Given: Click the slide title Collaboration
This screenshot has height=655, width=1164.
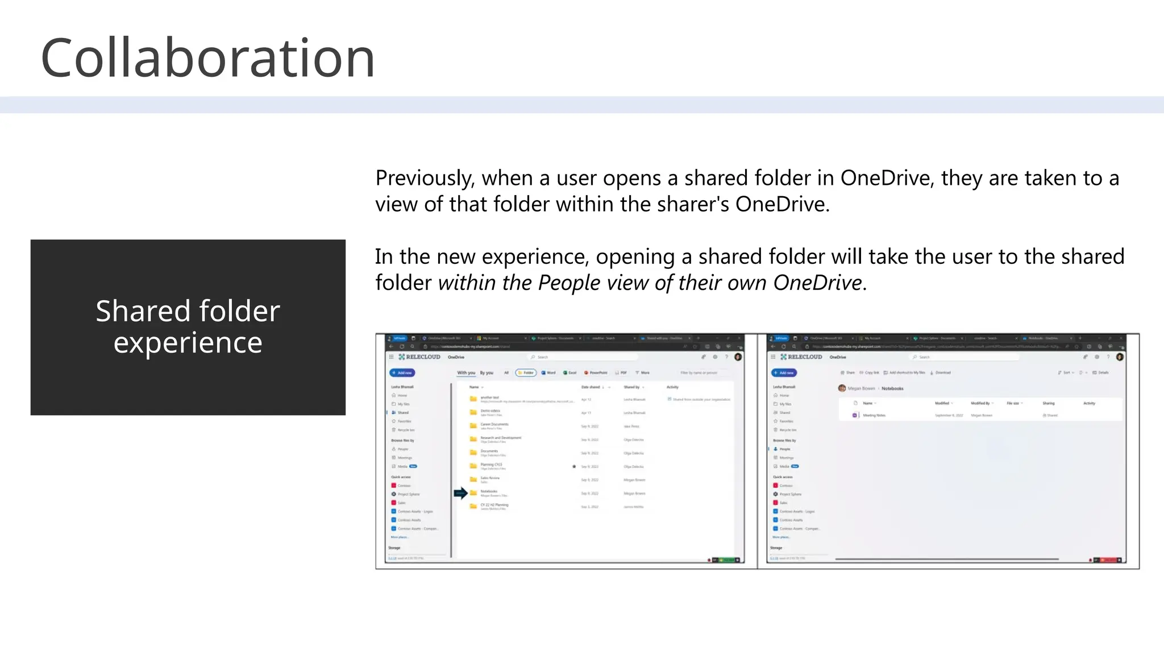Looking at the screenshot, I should click(x=208, y=58).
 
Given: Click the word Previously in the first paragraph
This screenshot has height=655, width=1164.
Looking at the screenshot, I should click(x=424, y=179).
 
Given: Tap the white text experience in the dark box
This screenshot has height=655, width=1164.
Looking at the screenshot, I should click(x=188, y=343).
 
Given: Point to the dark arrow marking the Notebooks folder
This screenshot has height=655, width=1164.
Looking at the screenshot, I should click(x=461, y=493).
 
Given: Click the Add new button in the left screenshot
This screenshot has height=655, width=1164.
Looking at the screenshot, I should click(x=402, y=373).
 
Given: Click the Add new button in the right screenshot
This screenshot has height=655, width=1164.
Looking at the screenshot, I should click(x=784, y=373).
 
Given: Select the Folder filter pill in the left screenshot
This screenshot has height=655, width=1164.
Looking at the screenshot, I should click(x=526, y=373).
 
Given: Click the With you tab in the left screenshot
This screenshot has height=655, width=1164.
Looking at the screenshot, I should click(x=466, y=373).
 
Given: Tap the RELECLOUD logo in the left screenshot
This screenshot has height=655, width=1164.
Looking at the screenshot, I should click(x=420, y=357).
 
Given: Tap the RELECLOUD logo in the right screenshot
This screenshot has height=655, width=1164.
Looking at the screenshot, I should click(x=802, y=357).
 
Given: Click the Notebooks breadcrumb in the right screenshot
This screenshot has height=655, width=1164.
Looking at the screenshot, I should click(x=892, y=388).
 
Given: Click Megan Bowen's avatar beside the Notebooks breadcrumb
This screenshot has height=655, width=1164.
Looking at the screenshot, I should click(x=842, y=388).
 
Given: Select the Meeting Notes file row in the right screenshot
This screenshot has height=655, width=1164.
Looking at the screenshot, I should click(x=874, y=416).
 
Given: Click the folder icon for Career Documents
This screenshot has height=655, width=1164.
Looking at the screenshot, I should click(x=473, y=425).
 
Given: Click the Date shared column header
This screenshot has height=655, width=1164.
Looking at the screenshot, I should click(x=591, y=387).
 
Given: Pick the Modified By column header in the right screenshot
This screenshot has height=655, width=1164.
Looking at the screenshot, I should click(x=980, y=403).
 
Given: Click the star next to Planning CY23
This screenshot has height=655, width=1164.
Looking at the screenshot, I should click(x=574, y=466).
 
